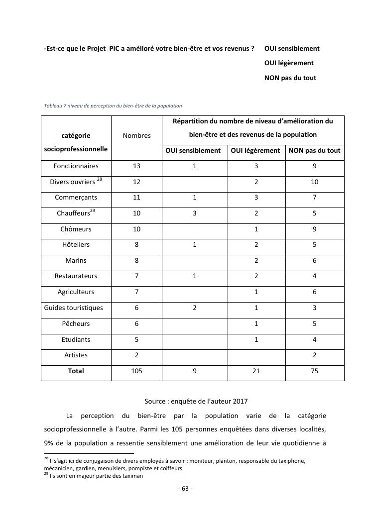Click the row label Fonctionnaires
76,166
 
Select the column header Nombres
136,135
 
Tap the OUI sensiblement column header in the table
193,151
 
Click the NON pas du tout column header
314,151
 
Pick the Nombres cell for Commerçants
136,198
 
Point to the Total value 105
136,371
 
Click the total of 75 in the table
314,371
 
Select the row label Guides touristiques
74,308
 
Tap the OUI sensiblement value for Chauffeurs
195,213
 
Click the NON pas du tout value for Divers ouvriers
314,182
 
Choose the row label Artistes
76,355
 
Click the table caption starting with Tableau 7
113,105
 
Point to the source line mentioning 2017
196,401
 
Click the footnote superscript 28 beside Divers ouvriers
100,179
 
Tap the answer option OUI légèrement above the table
289,63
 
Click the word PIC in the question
116,48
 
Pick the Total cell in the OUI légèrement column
256,371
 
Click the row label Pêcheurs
76,324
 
